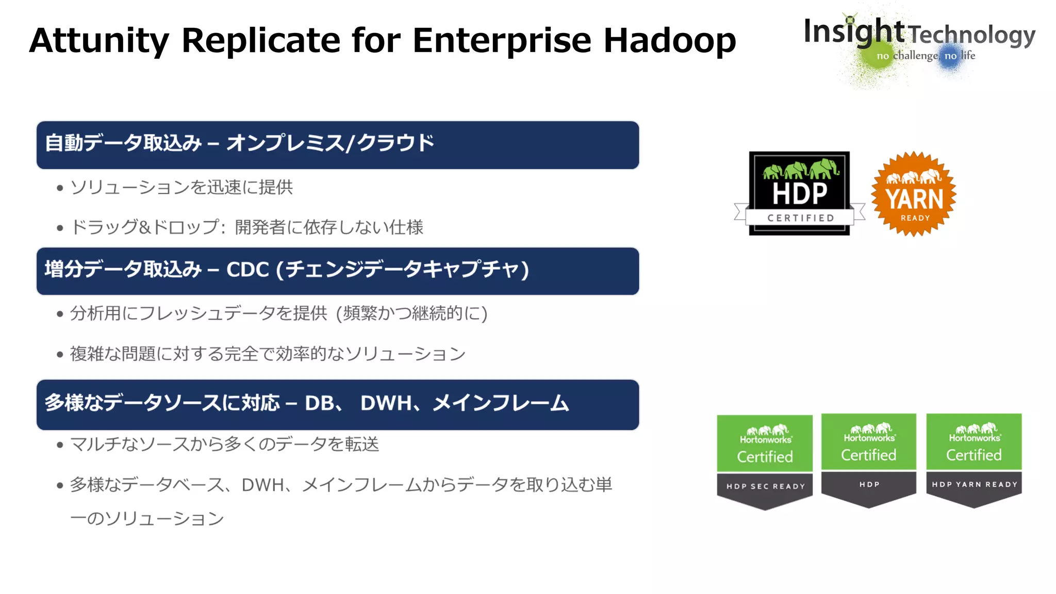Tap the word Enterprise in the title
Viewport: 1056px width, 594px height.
click(x=502, y=41)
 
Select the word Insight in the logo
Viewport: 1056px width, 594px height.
click(x=853, y=31)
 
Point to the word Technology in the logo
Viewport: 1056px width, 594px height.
click(x=971, y=35)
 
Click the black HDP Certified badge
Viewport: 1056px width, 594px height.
click(x=799, y=193)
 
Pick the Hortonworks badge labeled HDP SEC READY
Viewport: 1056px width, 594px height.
click(x=765, y=461)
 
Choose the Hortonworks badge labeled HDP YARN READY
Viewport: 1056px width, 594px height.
click(x=973, y=460)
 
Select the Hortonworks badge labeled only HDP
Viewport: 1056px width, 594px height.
click(x=869, y=460)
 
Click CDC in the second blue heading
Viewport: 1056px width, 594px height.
click(x=247, y=270)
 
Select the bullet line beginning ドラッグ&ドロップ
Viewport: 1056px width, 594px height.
click(x=246, y=227)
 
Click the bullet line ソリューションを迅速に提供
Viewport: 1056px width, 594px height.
click(x=181, y=187)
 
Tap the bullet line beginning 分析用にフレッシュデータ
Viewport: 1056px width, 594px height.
click(x=278, y=313)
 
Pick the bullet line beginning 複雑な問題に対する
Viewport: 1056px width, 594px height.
click(x=268, y=354)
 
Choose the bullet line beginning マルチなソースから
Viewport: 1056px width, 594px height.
click(x=224, y=444)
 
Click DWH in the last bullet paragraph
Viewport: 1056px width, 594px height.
click(x=263, y=485)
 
